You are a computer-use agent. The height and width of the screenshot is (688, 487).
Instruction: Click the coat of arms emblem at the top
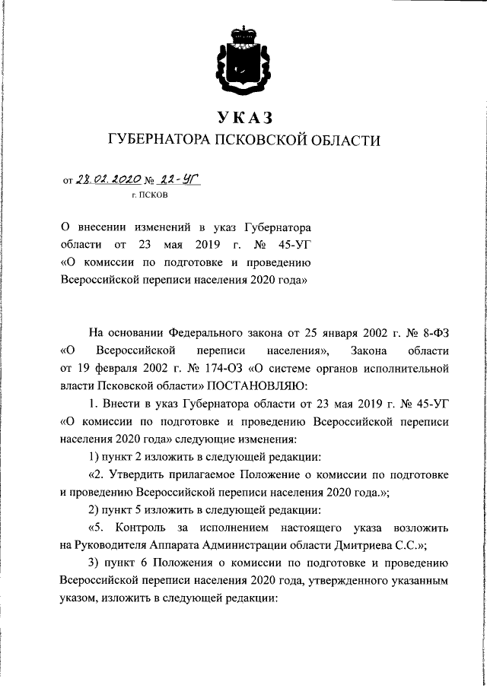243,56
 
